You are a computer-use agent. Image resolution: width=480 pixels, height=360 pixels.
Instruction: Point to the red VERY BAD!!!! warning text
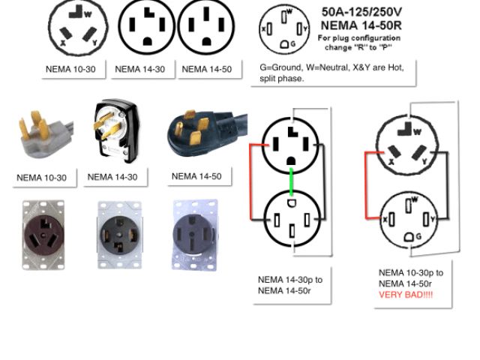coord(405,295)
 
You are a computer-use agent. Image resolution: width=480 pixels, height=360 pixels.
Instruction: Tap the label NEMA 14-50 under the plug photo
coord(196,176)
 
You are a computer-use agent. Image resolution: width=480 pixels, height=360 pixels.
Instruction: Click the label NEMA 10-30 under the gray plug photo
coord(41,178)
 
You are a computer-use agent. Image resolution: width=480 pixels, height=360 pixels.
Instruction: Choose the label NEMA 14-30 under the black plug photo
coord(112,178)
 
